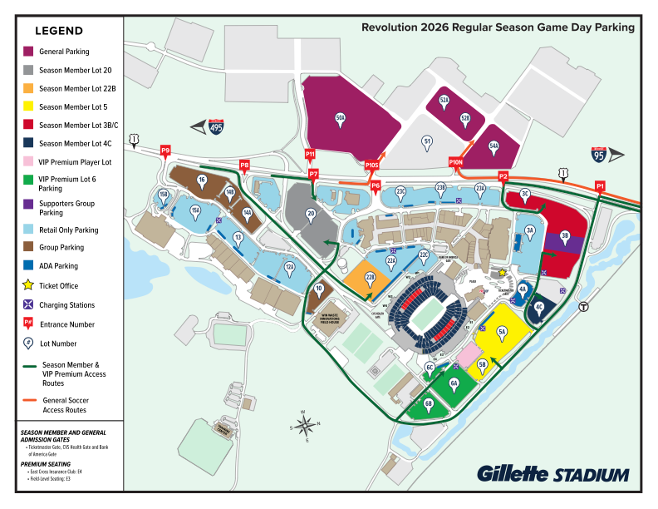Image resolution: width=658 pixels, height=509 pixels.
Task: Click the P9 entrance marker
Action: click(x=165, y=151)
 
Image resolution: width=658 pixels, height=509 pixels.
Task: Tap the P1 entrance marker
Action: click(x=600, y=185)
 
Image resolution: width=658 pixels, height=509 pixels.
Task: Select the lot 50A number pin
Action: click(x=340, y=118)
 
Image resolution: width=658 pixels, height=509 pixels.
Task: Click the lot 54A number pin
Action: click(x=493, y=146)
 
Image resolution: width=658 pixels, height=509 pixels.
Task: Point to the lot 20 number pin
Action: click(x=311, y=214)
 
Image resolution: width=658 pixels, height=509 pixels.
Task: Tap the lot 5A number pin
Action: click(x=502, y=331)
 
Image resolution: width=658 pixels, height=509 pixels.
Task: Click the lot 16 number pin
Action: click(x=201, y=179)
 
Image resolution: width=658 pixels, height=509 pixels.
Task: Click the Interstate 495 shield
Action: click(x=217, y=126)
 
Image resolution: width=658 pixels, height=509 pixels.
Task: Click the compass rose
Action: click(x=305, y=425)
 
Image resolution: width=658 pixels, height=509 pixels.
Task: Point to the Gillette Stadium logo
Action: click(x=552, y=474)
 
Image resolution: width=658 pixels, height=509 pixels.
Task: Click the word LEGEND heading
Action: click(x=58, y=31)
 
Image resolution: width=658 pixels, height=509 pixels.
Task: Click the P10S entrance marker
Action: click(x=371, y=166)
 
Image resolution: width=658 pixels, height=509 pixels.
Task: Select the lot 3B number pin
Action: click(x=565, y=235)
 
